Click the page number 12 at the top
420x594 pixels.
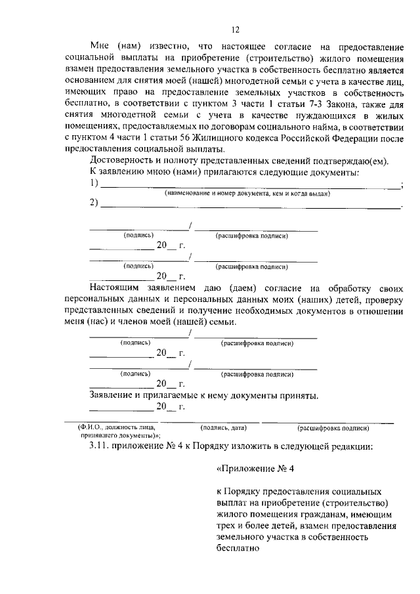[236, 29]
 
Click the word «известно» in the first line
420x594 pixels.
[161, 47]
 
